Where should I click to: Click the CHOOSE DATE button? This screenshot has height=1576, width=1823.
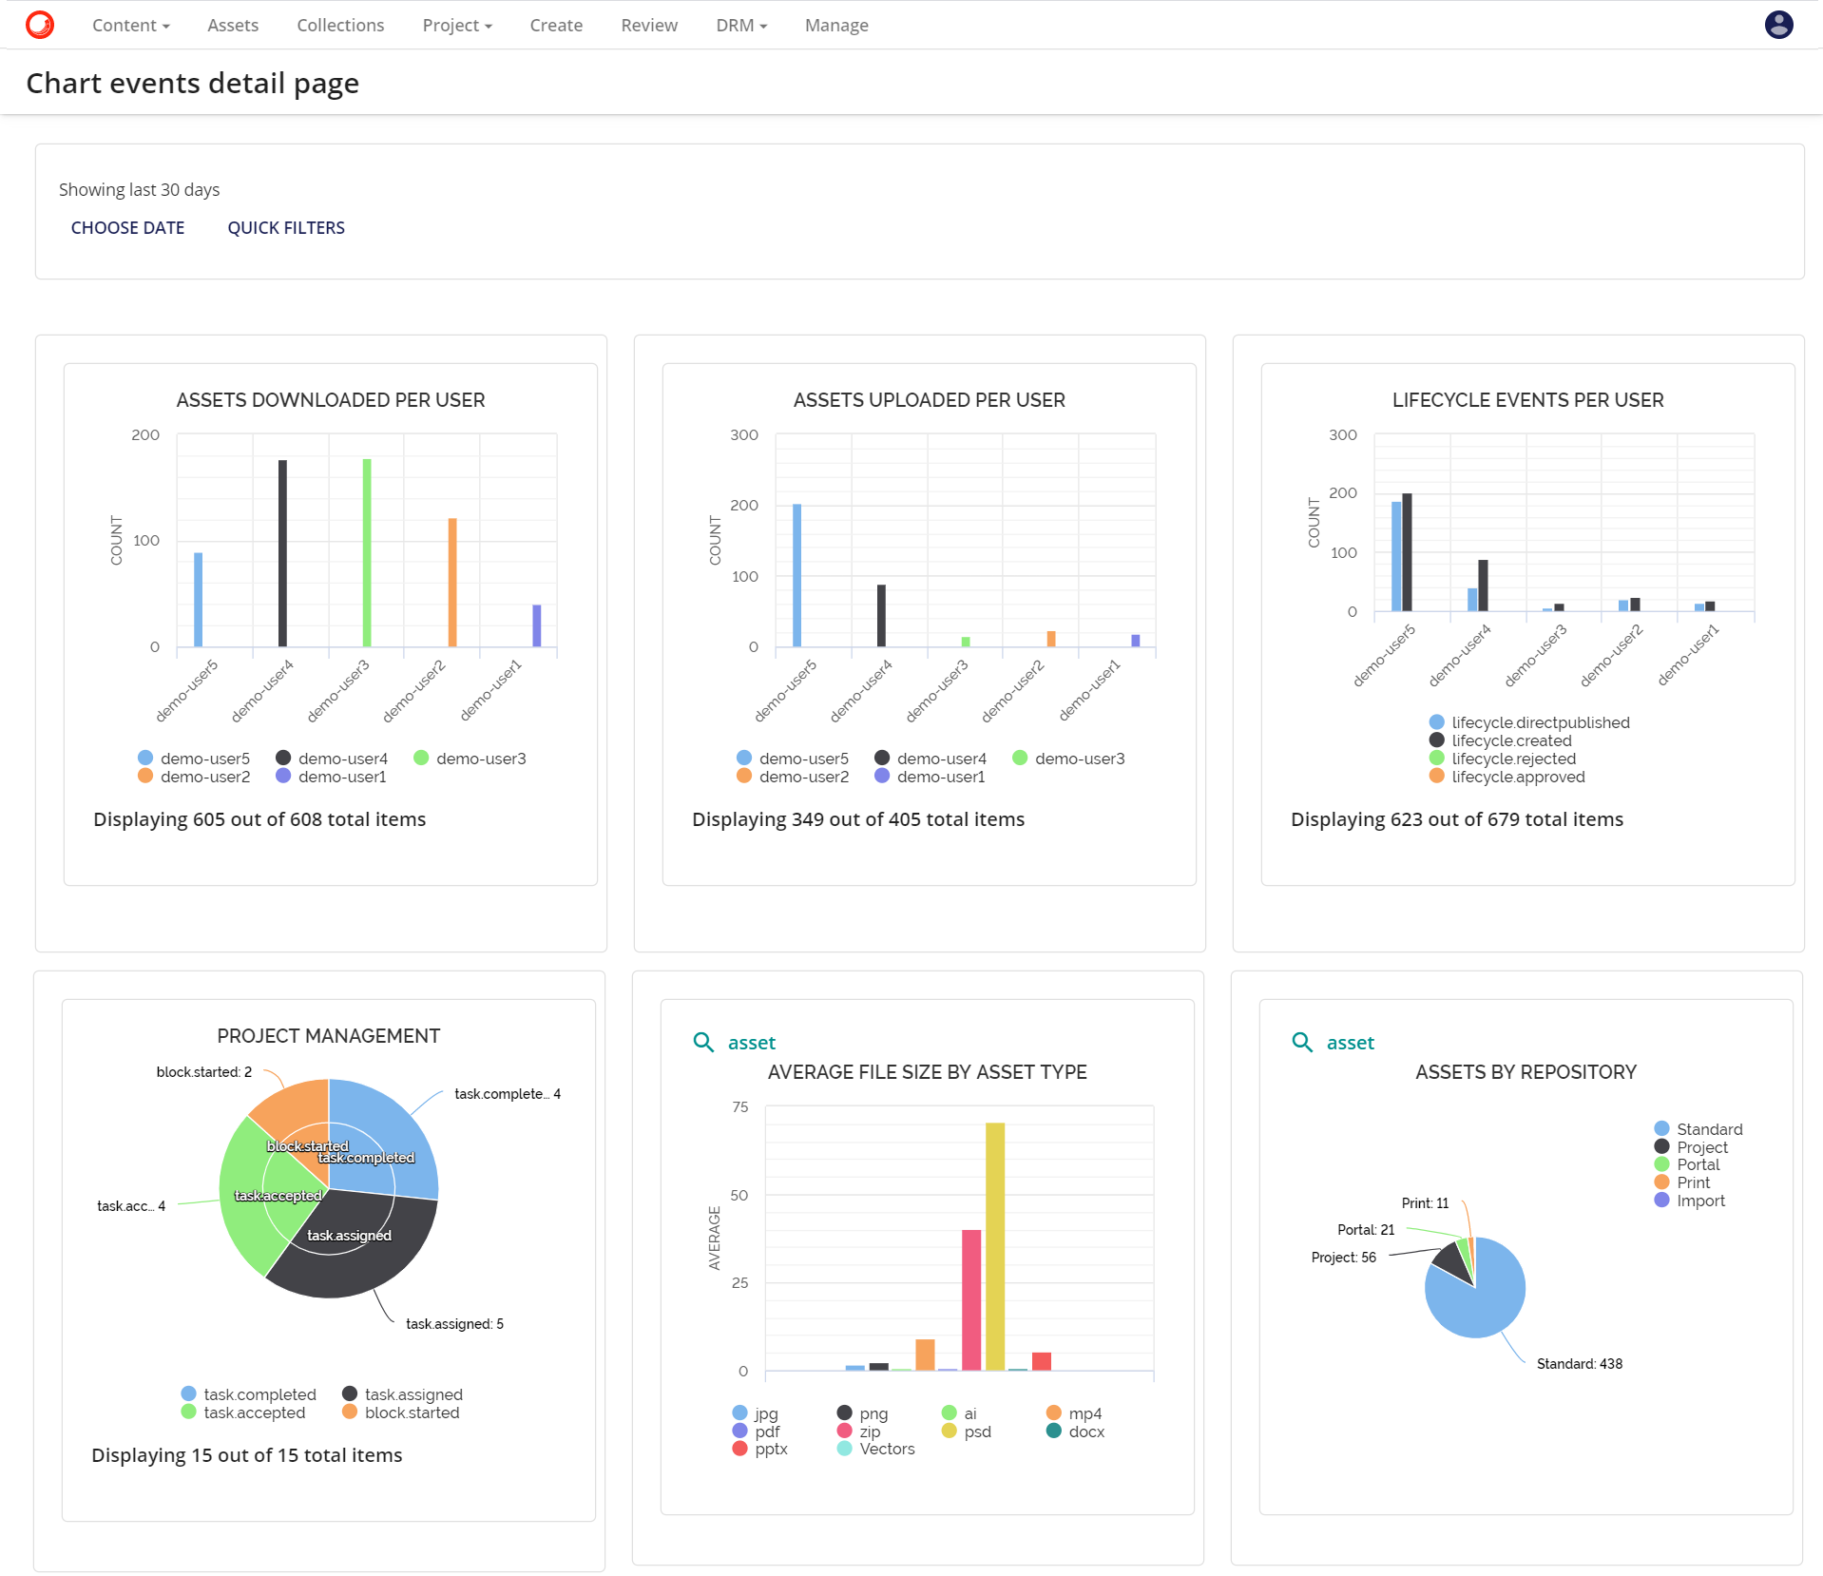pos(127,228)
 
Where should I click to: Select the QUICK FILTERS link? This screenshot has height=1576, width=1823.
pos(285,228)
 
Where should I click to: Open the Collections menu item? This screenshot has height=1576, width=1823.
pos(340,26)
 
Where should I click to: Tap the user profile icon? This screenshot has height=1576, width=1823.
pos(1778,25)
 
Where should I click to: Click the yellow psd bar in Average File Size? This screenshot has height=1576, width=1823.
pos(995,1245)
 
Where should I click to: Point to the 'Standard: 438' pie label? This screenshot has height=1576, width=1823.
pos(1579,1364)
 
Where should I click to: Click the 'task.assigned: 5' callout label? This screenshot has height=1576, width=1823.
pos(454,1324)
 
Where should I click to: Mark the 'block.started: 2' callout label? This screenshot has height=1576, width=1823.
pos(204,1072)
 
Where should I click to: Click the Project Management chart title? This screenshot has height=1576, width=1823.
pos(328,1036)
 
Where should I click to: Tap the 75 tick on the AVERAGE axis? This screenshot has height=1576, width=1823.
pos(740,1107)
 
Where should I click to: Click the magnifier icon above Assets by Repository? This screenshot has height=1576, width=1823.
pos(1301,1043)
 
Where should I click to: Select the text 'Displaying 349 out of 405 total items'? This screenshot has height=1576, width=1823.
pos(857,819)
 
